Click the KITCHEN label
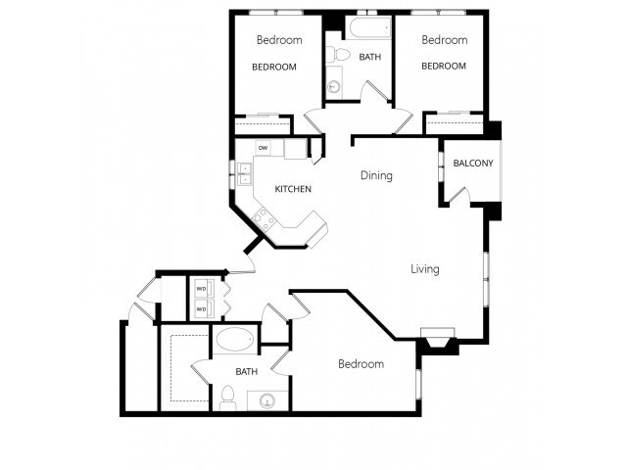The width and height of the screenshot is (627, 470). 293,189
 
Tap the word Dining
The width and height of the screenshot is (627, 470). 376,176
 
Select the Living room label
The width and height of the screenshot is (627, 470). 424,269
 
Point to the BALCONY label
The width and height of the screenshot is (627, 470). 472,163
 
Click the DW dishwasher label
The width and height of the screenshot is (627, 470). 263,148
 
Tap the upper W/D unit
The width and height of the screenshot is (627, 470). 202,289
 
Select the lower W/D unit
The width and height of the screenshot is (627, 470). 202,308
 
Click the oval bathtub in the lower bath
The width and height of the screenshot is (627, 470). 234,341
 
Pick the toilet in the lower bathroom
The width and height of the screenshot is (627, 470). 227,396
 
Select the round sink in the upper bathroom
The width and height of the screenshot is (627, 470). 334,87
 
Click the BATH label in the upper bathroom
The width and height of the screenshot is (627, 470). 370,57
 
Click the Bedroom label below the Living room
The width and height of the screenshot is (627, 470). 361,364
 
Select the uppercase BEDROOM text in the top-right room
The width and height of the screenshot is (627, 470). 444,67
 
